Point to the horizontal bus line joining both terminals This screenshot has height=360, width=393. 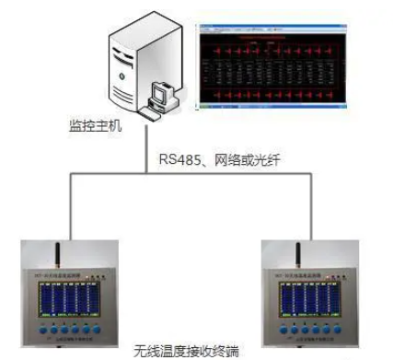(x=184, y=172)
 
